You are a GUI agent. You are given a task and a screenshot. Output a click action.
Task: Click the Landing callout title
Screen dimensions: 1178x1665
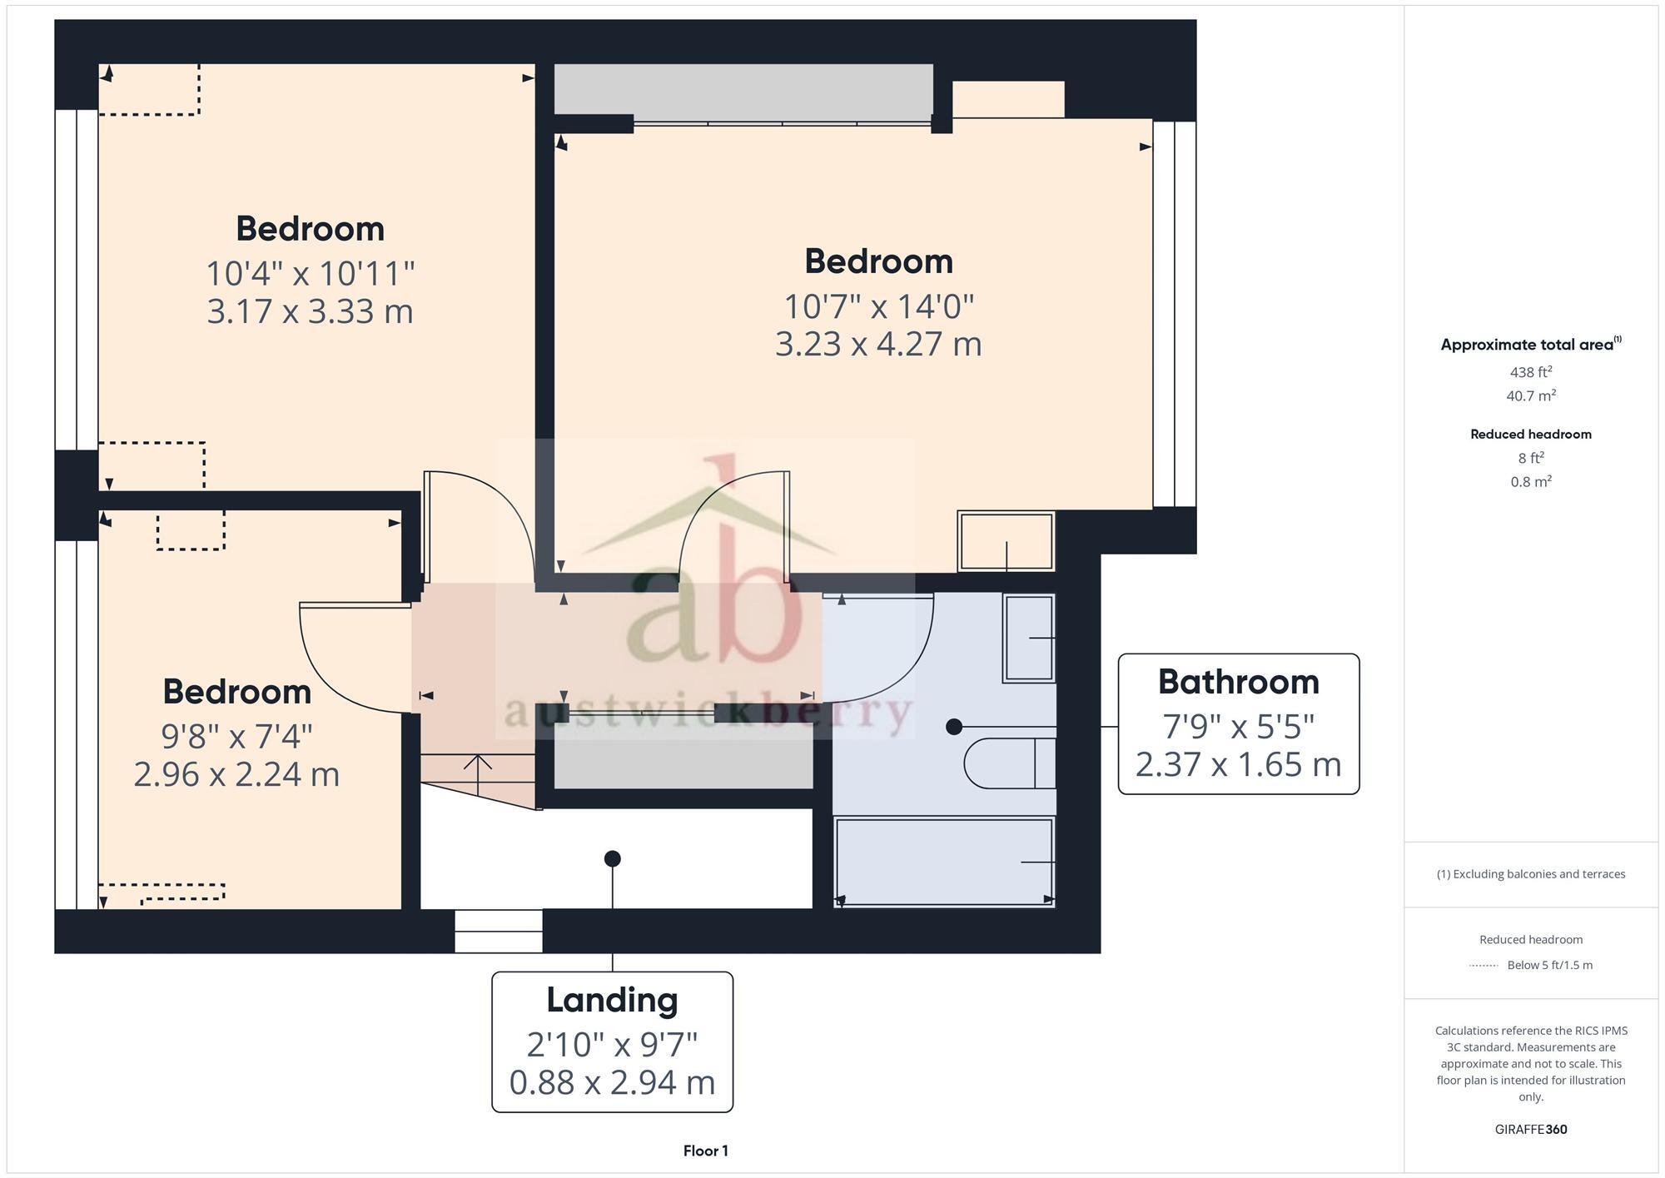[612, 1000]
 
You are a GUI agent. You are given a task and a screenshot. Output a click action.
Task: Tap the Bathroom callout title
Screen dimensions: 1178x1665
[1238, 682]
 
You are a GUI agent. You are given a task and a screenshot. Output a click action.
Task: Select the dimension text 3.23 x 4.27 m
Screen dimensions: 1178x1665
[878, 344]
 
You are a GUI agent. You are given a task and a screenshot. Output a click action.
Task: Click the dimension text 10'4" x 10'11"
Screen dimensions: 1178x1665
[310, 273]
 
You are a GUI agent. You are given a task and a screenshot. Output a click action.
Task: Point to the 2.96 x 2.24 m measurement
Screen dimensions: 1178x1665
[236, 774]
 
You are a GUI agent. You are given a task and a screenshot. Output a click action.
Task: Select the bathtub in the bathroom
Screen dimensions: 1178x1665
[943, 862]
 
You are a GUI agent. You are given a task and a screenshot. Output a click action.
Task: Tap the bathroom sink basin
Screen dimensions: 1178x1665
[1029, 638]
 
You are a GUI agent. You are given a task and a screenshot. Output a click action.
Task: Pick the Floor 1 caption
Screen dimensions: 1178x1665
[705, 1151]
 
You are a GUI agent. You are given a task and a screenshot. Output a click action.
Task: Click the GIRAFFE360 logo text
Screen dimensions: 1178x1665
[1530, 1129]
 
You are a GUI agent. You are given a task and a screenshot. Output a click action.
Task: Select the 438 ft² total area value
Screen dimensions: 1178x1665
[1530, 372]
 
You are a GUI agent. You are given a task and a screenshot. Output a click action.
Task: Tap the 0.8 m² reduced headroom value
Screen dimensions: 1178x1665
[1530, 481]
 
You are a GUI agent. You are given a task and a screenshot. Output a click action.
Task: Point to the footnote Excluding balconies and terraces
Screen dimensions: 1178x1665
[1530, 874]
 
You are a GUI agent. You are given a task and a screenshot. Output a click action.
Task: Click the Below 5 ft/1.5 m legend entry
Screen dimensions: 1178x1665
[1548, 965]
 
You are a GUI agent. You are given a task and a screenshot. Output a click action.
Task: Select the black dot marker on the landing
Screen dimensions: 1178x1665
[613, 858]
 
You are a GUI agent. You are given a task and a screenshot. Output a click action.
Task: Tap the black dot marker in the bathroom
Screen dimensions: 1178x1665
[954, 727]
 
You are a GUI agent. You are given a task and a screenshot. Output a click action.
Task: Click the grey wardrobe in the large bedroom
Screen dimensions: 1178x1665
[743, 90]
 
